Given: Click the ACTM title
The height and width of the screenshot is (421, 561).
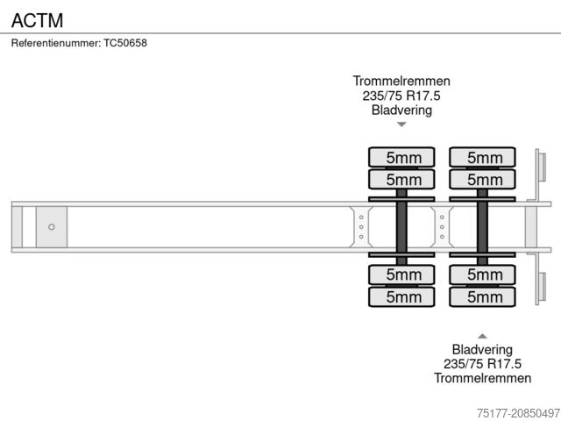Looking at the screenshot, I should (36, 19).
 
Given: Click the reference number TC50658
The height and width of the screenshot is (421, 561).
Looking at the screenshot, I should (125, 43).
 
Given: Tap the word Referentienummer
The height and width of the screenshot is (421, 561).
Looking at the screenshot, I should (56, 43).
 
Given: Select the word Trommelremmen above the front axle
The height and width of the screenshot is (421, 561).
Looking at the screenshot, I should (401, 81).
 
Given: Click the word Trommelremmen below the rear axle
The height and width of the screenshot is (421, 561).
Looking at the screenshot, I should (482, 378).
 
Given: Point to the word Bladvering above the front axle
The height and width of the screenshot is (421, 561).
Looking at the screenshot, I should (401, 111).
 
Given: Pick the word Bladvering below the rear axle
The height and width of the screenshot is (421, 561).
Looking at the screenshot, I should (482, 348).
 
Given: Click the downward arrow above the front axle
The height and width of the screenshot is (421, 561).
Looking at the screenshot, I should (401, 125).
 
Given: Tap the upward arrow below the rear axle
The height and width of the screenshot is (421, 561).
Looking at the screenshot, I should (482, 335).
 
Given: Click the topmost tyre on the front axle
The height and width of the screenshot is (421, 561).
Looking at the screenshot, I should (401, 158).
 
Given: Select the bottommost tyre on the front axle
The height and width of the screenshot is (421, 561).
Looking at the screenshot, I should (401, 297).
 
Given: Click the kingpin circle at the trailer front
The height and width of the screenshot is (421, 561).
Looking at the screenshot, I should (51, 227).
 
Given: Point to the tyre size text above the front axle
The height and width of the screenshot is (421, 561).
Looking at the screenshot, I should (401, 96).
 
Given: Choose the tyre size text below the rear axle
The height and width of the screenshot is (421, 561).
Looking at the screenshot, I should (482, 363).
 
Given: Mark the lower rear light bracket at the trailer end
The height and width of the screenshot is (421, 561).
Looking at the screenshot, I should (541, 289).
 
